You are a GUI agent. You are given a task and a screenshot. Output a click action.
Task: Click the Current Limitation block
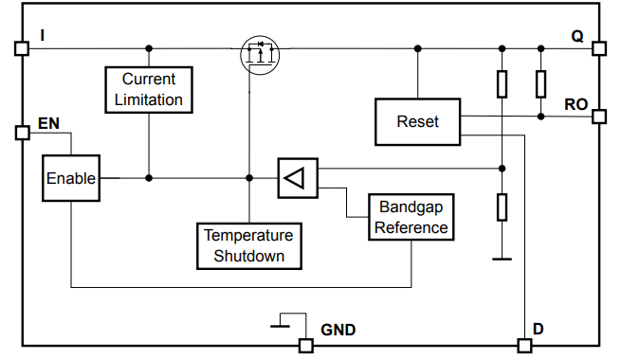148,89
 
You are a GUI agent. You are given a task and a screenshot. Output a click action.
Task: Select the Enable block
71,178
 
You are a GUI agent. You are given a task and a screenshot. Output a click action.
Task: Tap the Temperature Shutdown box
249,245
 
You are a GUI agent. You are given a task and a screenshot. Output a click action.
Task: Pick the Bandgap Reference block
411,217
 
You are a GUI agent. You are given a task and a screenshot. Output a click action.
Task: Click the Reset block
417,121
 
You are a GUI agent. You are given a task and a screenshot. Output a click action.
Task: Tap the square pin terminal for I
22,48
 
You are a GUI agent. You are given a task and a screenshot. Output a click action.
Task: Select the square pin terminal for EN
22,133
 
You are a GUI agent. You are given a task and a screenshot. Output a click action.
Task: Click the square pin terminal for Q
599,48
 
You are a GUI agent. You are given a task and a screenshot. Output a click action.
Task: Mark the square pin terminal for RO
599,117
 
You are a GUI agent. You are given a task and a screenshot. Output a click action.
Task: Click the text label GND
338,329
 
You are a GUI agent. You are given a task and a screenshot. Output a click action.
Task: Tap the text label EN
48,123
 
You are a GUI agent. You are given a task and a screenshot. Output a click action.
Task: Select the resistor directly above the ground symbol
502,206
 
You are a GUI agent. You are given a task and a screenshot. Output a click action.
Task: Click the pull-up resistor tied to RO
540,84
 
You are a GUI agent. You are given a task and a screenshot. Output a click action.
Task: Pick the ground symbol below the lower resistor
502,256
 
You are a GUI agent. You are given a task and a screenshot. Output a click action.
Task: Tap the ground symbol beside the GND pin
282,324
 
